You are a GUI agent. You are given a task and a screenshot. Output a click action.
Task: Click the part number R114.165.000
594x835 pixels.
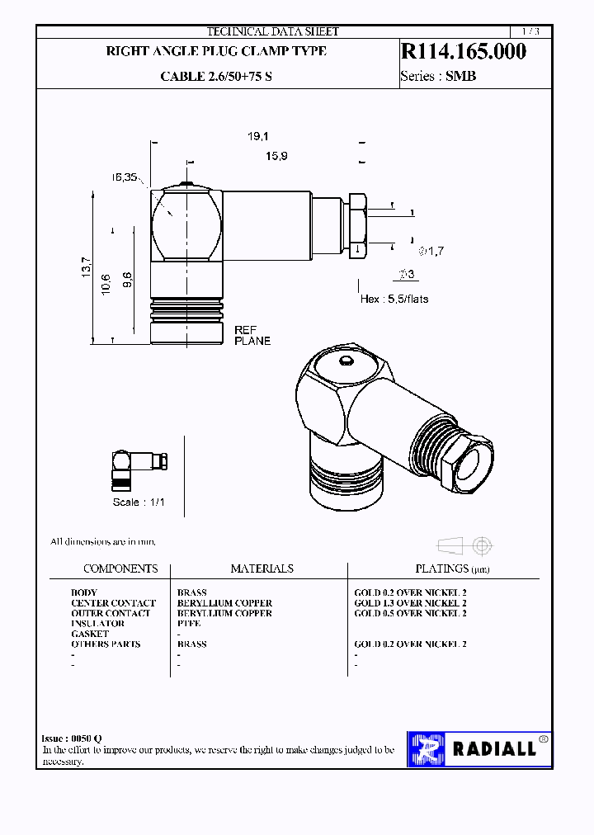click(463, 52)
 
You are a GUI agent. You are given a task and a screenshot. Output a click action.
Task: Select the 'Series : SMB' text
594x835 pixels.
click(438, 77)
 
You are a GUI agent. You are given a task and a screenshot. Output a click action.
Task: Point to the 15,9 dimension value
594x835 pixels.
click(276, 156)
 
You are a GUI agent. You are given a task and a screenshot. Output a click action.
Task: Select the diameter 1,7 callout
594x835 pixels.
click(431, 251)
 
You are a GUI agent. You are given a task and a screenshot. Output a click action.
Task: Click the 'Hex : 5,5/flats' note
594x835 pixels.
click(394, 299)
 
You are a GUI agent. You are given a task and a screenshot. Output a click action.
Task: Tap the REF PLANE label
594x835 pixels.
click(252, 334)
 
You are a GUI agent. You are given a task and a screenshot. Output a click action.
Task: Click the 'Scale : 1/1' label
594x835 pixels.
click(139, 502)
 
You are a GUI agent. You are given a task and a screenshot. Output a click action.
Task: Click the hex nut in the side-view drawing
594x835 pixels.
click(358, 224)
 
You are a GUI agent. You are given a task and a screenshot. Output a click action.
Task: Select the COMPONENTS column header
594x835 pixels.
click(120, 568)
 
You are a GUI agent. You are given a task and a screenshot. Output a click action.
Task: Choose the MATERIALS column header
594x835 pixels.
click(262, 568)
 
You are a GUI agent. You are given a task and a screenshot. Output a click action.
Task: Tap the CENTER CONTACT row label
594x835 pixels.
click(113, 603)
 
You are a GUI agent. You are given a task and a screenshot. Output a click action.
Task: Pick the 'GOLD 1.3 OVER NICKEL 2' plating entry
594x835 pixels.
click(410, 603)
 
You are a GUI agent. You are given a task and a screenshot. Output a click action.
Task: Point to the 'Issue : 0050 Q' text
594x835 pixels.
click(72, 738)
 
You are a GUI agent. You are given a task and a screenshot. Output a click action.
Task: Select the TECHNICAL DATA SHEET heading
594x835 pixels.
click(272, 31)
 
